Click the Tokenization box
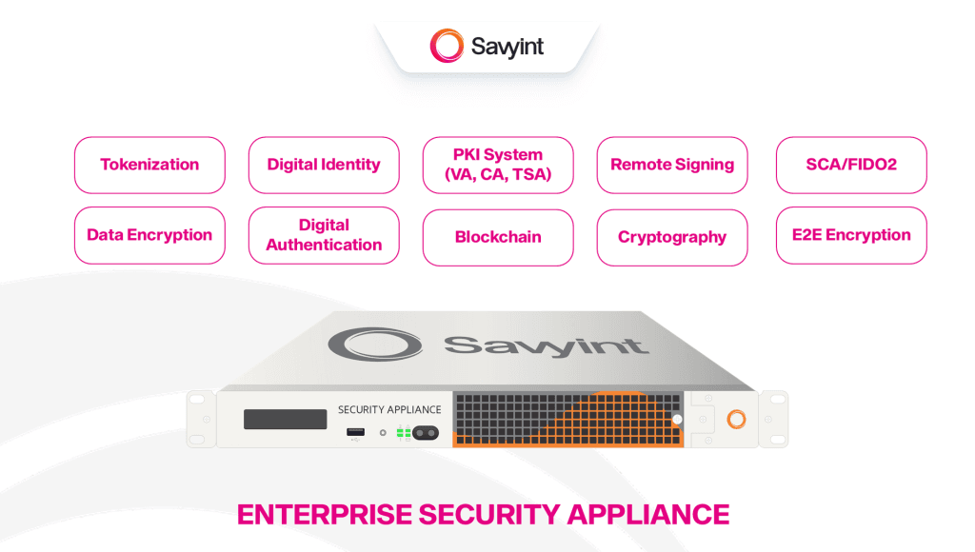[x=149, y=165]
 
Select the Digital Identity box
[x=324, y=165]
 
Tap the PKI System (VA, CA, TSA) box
[x=498, y=165]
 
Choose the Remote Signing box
[x=672, y=165]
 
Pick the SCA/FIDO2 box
[x=851, y=165]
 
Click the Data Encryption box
[x=149, y=235]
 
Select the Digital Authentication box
[x=324, y=235]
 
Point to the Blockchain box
[x=498, y=238]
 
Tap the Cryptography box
[x=672, y=238]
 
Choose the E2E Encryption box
[x=851, y=235]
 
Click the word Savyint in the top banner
[x=507, y=47]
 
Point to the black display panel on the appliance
[x=285, y=419]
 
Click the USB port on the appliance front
[x=356, y=432]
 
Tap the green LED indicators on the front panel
[x=404, y=432]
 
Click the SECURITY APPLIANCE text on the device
[x=389, y=409]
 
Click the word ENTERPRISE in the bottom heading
[x=325, y=515]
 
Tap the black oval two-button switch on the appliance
[x=426, y=433]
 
